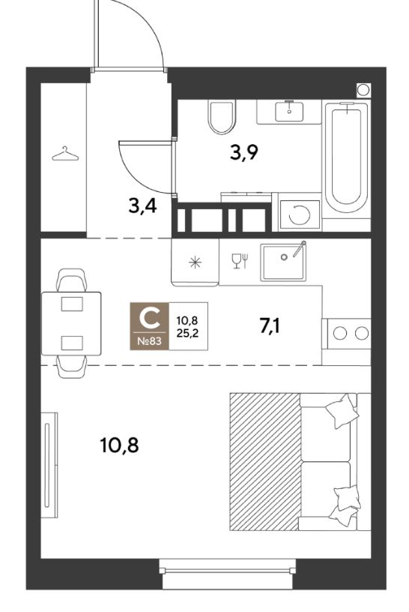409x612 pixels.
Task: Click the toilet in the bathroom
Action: [222, 116]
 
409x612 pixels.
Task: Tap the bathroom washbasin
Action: [289, 111]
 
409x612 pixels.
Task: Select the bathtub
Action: [347, 160]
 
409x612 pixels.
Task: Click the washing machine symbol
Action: [300, 214]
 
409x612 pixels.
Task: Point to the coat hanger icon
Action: [65, 154]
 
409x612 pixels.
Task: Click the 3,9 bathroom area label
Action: [244, 152]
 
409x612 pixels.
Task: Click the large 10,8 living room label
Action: [119, 445]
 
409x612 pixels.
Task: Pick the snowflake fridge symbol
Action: [195, 262]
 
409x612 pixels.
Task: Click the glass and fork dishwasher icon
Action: [239, 261]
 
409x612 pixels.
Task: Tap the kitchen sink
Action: [283, 262]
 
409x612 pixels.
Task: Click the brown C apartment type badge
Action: [150, 326]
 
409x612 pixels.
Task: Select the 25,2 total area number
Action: [187, 334]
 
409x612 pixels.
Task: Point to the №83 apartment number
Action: [150, 342]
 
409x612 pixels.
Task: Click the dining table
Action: [71, 323]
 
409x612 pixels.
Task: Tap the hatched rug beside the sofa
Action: [264, 461]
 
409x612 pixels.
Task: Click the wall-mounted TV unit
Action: [49, 464]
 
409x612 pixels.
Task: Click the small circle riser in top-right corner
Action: [363, 89]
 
